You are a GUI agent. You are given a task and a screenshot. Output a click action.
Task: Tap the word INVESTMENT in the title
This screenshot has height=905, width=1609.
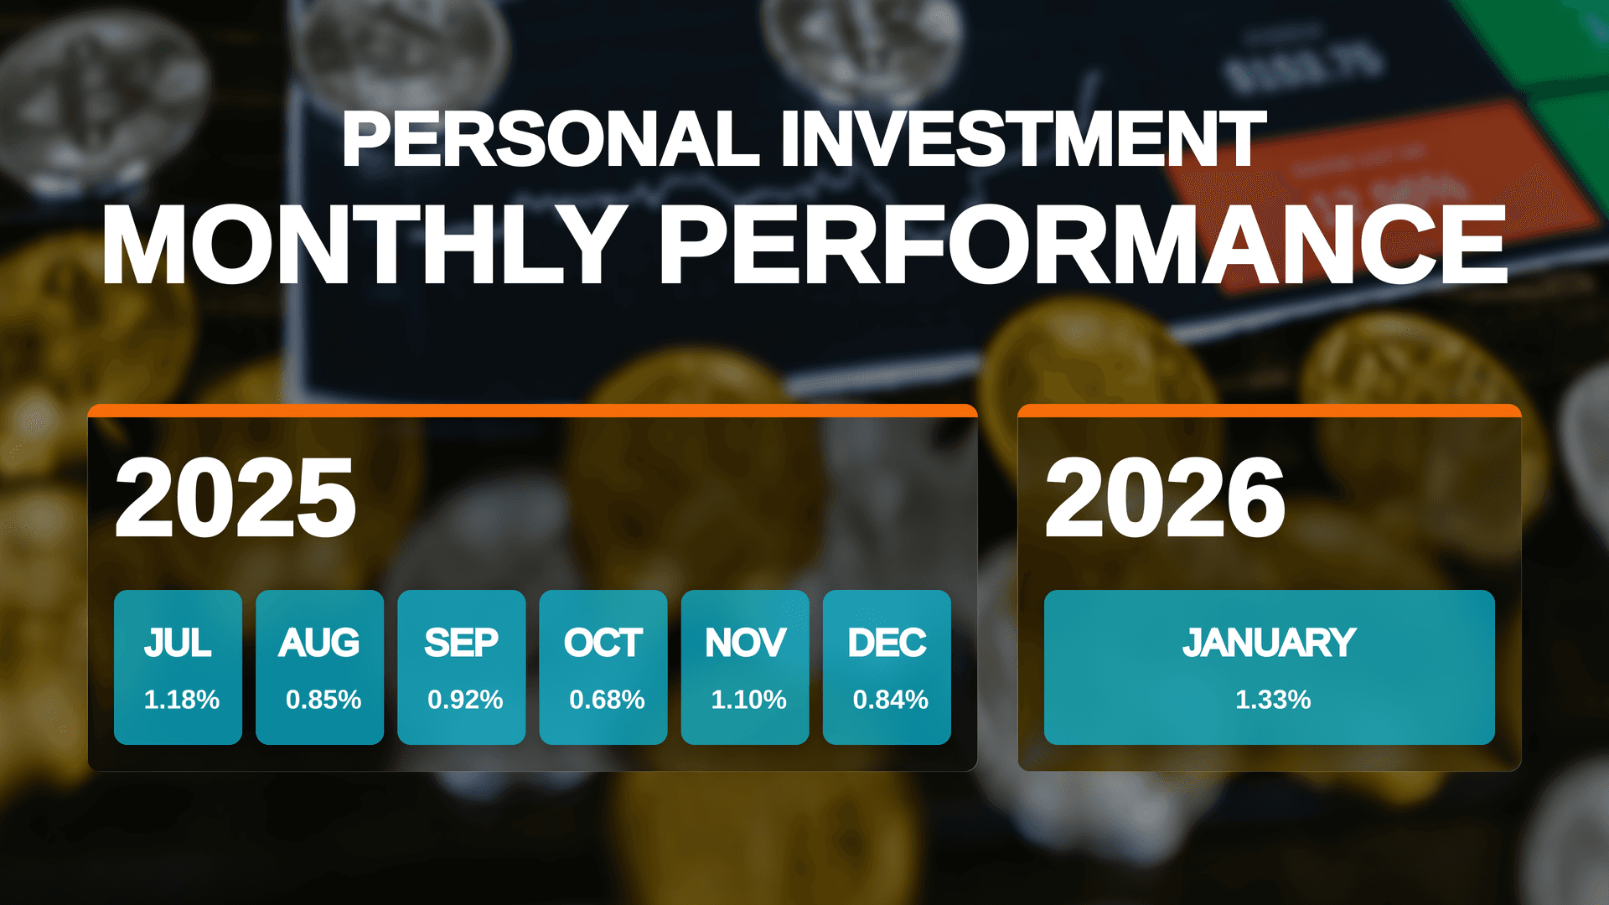coord(1022,139)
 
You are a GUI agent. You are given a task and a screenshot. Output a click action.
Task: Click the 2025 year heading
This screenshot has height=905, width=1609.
coord(235,499)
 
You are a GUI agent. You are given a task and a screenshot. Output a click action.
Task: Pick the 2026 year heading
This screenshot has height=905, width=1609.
coord(1165,499)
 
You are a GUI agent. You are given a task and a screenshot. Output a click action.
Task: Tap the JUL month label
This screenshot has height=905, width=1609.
coord(178,644)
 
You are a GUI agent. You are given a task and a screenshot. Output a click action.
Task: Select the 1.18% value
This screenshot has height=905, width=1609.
coord(181,700)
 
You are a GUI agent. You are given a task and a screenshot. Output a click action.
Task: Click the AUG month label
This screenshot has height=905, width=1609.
coord(319,644)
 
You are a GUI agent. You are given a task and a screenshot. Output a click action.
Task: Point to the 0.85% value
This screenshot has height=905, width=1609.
coord(323,700)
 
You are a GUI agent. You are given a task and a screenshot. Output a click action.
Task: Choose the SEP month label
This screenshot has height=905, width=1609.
coord(461,644)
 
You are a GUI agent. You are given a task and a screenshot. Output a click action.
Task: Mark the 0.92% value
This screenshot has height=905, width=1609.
coord(465,700)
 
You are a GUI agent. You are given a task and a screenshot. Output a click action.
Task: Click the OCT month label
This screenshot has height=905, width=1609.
coord(603,644)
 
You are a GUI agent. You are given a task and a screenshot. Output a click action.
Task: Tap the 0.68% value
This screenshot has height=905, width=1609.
coord(607,700)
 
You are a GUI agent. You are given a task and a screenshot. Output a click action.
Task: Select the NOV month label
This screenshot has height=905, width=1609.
coord(745,644)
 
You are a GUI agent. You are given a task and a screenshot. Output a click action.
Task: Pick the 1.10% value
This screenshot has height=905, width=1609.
coord(748,700)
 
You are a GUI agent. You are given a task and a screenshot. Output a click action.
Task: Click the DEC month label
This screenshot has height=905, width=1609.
coord(887,644)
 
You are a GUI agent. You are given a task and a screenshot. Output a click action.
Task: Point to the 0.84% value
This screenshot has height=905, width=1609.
coord(890,700)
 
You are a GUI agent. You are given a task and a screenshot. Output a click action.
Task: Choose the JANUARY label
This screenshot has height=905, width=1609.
coord(1269,644)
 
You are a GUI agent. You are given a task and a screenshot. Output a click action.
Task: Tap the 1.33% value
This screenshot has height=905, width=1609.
coord(1273,700)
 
